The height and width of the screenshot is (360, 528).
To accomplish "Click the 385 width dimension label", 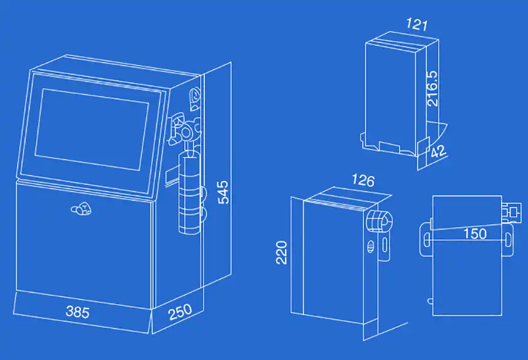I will click(x=77, y=313).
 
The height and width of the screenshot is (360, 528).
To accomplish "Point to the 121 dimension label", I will click(x=417, y=25).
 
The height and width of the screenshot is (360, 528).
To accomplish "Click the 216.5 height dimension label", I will click(x=433, y=88).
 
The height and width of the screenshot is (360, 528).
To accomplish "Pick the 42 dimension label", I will click(x=438, y=152).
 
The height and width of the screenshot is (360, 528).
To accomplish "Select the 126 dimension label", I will click(x=362, y=181).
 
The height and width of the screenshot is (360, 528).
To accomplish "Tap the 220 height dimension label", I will click(x=282, y=252).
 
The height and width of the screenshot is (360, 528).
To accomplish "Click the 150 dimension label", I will click(x=475, y=233).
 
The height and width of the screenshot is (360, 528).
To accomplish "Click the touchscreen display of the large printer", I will click(x=92, y=129).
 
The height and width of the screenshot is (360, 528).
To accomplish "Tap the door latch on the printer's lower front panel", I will click(x=81, y=211).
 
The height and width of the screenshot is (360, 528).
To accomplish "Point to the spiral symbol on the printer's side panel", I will click(x=195, y=96).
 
